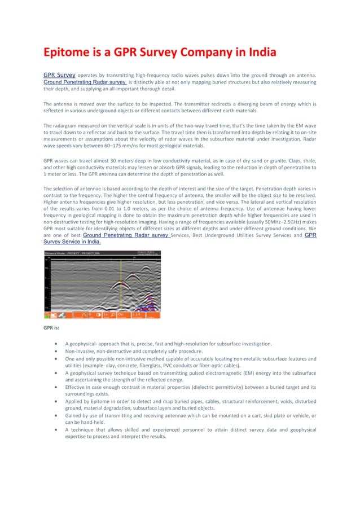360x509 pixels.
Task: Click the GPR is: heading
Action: coord(54,327)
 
